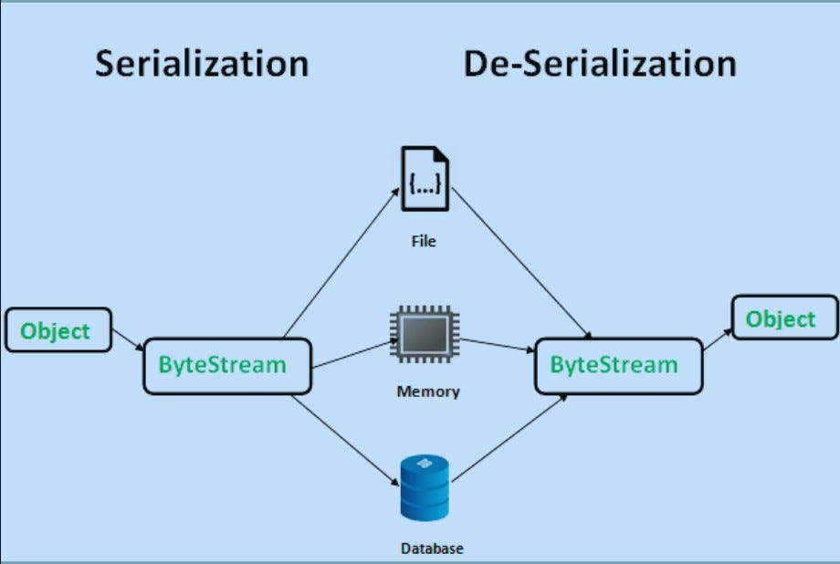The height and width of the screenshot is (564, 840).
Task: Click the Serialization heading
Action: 202,65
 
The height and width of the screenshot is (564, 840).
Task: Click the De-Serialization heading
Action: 599,65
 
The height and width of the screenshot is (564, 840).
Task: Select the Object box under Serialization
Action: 58,330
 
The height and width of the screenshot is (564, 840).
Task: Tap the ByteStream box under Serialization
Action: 227,366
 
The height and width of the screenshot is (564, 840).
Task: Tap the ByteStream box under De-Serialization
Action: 617,366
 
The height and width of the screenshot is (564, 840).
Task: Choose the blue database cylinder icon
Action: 425,488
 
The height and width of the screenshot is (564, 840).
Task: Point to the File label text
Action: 424,242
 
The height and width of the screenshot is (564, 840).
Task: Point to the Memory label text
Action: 428,392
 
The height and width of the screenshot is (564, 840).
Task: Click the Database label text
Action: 432,548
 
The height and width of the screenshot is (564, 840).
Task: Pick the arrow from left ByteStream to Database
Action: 348,442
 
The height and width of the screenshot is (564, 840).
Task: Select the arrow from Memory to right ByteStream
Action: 497,346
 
